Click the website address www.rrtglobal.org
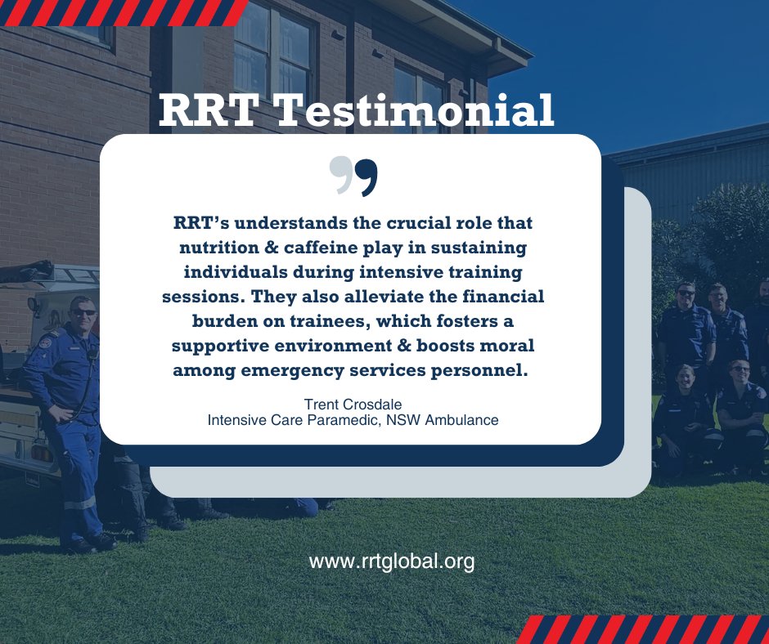[x=392, y=561]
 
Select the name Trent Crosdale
[x=353, y=405]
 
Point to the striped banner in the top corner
[x=123, y=12]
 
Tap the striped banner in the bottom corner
[x=642, y=629]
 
